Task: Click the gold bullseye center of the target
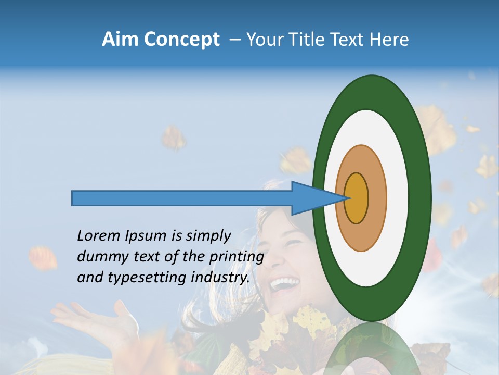356,198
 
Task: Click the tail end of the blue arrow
73,198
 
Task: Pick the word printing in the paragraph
237,257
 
